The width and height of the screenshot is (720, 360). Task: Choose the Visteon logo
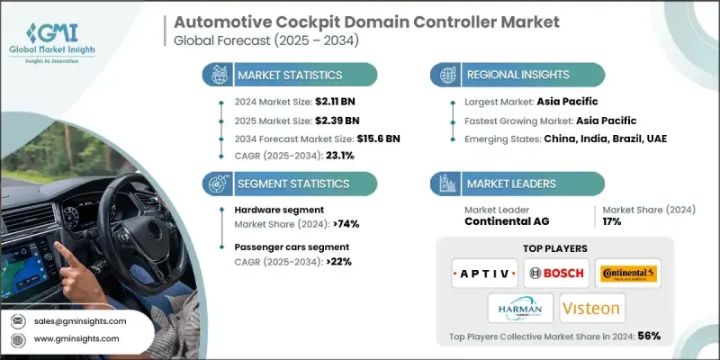(x=592, y=310)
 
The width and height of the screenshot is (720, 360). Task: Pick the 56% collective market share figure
(x=648, y=337)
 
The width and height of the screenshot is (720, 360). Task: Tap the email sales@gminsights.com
(x=82, y=320)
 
